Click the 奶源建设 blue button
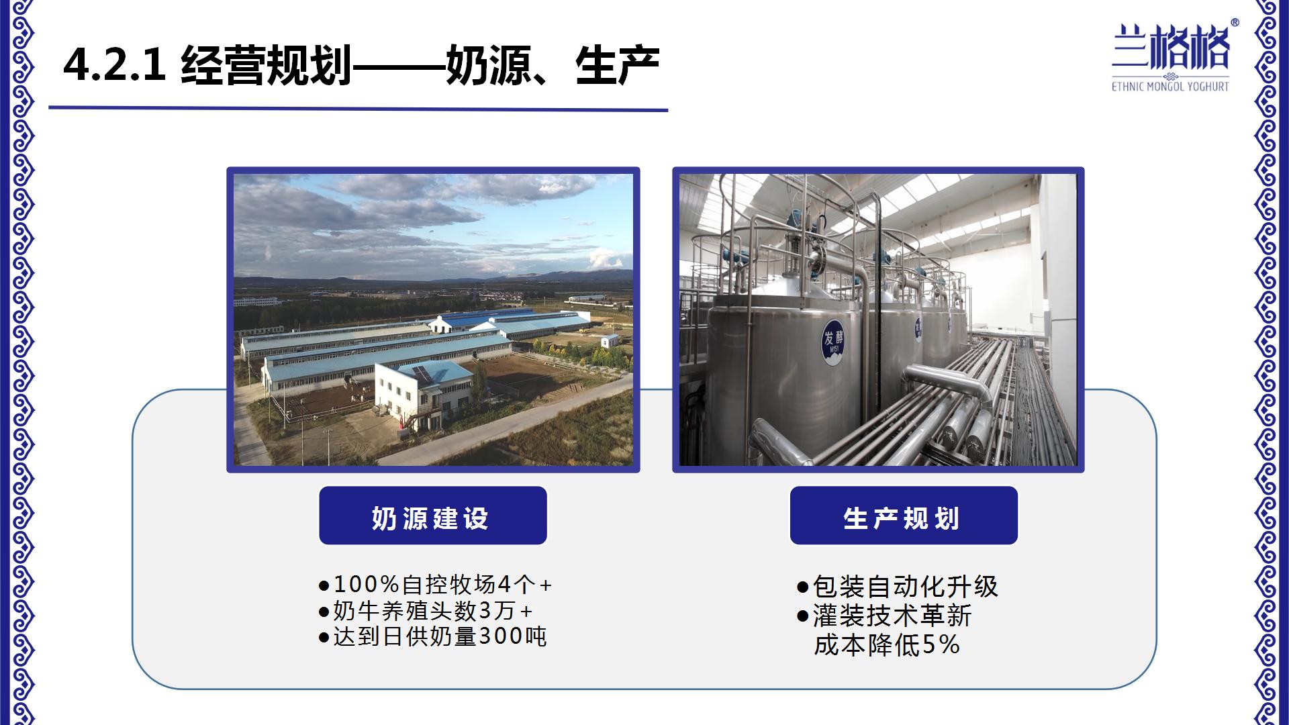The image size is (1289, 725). pos(433,516)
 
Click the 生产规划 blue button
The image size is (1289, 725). pos(904,516)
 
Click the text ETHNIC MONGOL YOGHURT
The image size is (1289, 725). pos(1170,87)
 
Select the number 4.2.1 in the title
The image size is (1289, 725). pos(114,66)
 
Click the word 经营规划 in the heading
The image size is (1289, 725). pos(267,66)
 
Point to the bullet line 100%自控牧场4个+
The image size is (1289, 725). pos(435,585)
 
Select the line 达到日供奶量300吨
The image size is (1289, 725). pos(433,636)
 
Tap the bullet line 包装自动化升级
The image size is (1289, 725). pos(898,587)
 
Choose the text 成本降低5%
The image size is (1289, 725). pos(887,645)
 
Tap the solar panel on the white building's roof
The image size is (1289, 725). pos(423,373)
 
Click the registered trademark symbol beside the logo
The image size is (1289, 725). pos(1235,22)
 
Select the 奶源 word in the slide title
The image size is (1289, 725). pos(488,66)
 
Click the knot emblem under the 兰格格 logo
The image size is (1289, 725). pos(1170,75)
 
